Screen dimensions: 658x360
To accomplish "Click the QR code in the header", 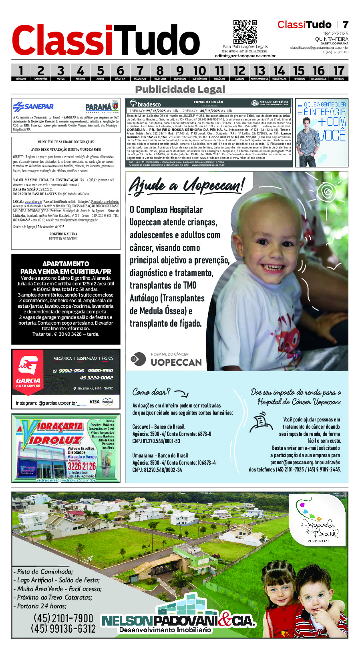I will tap(245, 32).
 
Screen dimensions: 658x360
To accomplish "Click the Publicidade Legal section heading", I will tap(180, 89).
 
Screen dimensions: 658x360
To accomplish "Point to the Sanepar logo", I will tap(33, 107).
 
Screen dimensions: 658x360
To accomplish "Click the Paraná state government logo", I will tap(102, 107).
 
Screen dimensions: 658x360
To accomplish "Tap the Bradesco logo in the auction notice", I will tap(145, 104).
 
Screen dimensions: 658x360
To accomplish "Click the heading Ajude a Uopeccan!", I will tap(186, 186).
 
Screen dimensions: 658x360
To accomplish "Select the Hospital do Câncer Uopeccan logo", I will tap(167, 359).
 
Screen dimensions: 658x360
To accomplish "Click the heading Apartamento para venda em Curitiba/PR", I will tap(66, 267).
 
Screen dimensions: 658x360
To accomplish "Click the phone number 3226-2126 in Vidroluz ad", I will tap(82, 466).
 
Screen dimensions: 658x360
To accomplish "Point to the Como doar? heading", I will tap(151, 391).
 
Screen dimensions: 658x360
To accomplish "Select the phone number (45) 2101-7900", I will tap(63, 618).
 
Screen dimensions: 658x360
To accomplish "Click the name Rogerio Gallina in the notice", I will tap(63, 234).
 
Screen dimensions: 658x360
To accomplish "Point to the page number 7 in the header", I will tap(345, 25).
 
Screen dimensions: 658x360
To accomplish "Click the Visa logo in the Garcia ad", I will tap(94, 401).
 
